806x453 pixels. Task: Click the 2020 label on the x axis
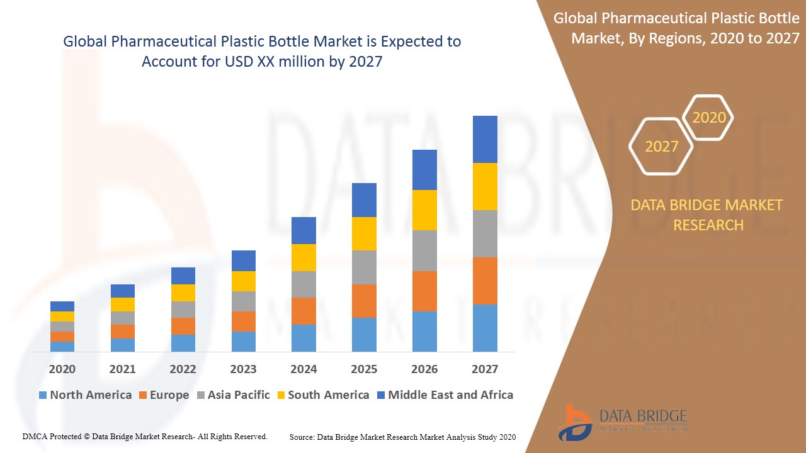coord(62,369)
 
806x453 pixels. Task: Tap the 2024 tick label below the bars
coord(304,369)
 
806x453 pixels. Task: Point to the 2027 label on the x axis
coord(485,369)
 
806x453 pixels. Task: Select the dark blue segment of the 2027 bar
coord(485,139)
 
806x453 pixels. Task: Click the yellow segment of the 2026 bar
coord(424,210)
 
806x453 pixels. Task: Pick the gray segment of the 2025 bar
coord(364,267)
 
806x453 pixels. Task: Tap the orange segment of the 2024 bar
coord(304,311)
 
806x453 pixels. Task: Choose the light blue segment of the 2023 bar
coord(243,341)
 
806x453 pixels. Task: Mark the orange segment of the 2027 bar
coord(485,281)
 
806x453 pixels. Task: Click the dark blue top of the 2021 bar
coord(122,291)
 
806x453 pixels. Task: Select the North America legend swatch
coord(43,396)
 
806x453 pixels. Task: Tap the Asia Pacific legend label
coord(239,395)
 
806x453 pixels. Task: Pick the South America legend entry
coord(328,395)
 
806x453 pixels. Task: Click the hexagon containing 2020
coord(709,118)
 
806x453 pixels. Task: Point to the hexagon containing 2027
coord(661,147)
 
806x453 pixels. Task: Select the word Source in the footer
coord(302,437)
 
